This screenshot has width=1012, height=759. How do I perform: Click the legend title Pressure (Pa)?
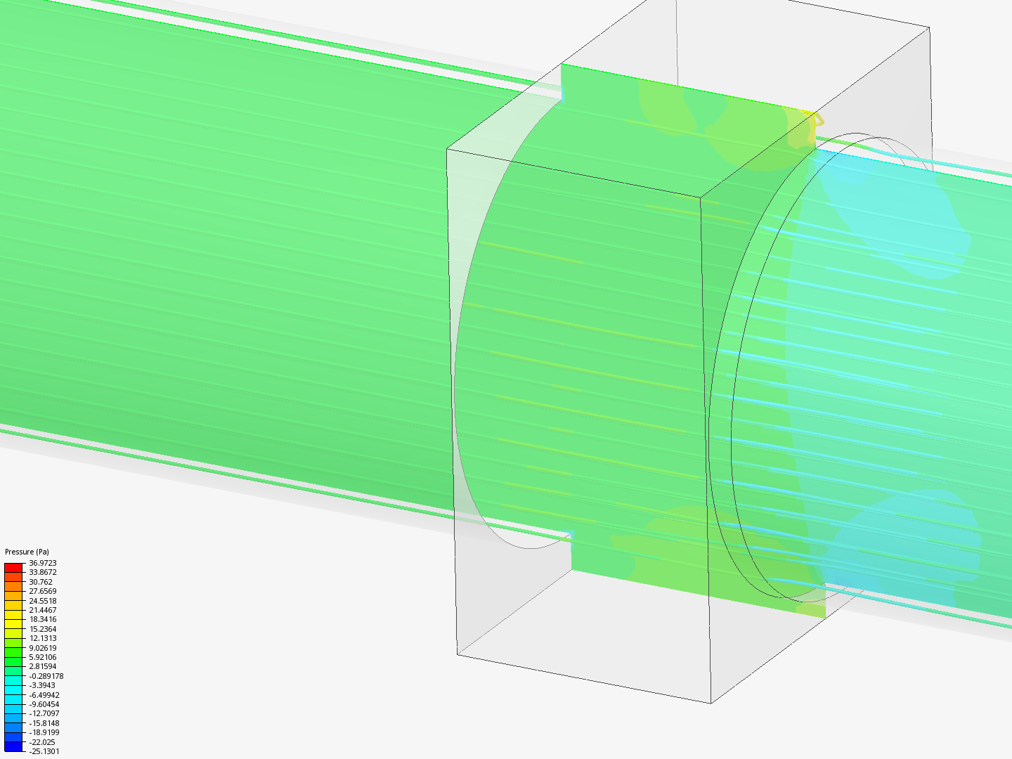click(x=27, y=552)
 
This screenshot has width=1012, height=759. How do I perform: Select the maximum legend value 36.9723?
click(x=43, y=563)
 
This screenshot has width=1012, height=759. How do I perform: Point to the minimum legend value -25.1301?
click(x=44, y=751)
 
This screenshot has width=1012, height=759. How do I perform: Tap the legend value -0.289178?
click(x=46, y=676)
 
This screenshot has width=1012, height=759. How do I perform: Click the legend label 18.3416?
click(x=43, y=619)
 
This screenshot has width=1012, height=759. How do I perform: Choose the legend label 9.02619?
click(x=43, y=648)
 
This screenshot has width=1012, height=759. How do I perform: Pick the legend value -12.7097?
click(x=44, y=713)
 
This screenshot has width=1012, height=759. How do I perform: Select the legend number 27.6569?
click(x=43, y=591)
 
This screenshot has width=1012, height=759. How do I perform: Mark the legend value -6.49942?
click(x=44, y=695)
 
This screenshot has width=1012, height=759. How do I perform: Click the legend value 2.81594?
click(x=43, y=666)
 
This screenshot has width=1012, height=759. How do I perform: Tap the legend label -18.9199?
click(x=44, y=732)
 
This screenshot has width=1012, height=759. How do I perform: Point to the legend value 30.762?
click(x=41, y=582)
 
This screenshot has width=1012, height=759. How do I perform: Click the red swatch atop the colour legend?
click(x=13, y=567)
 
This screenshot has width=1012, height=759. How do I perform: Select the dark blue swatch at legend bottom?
click(x=13, y=746)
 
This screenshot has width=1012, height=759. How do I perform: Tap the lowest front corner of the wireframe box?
click(x=711, y=702)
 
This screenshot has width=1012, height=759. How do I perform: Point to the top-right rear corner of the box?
click(x=929, y=28)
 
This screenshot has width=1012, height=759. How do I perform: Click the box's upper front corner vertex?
click(x=700, y=197)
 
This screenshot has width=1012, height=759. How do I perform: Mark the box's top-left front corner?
click(x=448, y=149)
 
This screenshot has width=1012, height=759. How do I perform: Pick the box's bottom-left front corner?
click(x=458, y=654)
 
